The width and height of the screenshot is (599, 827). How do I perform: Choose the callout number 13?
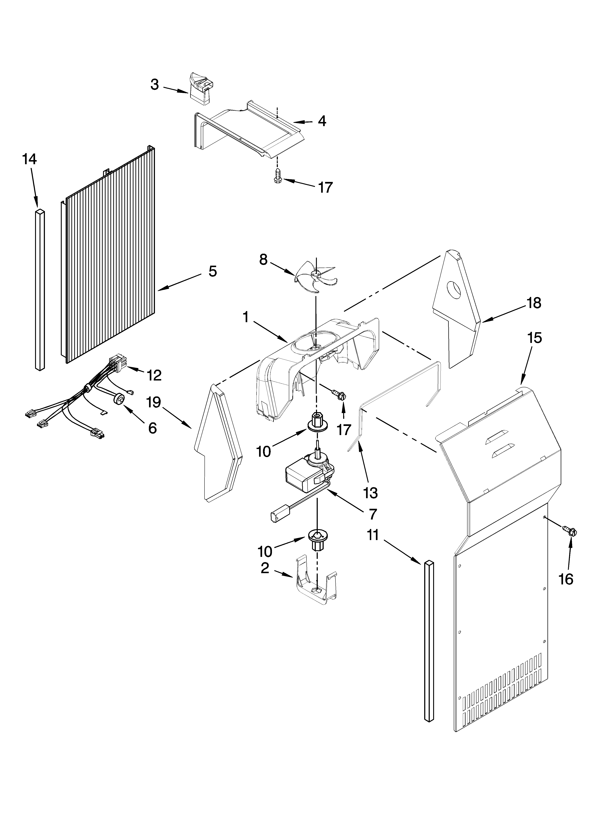tap(370, 493)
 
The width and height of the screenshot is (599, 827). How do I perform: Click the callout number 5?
tap(213, 271)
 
